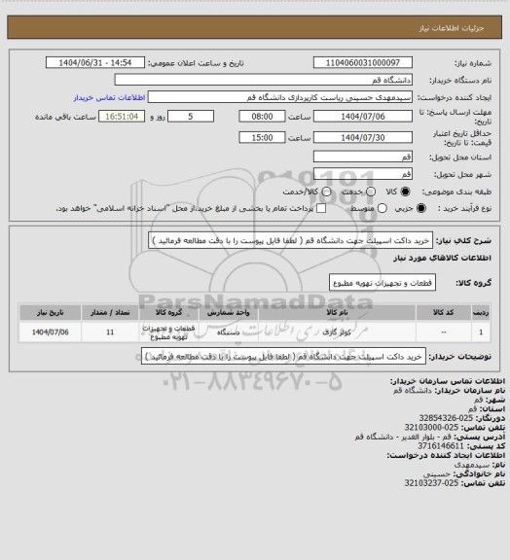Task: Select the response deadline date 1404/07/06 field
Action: coord(357,116)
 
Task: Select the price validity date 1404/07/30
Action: coord(357,137)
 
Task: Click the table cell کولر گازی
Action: coord(330,332)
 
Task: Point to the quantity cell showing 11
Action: coord(109,332)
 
